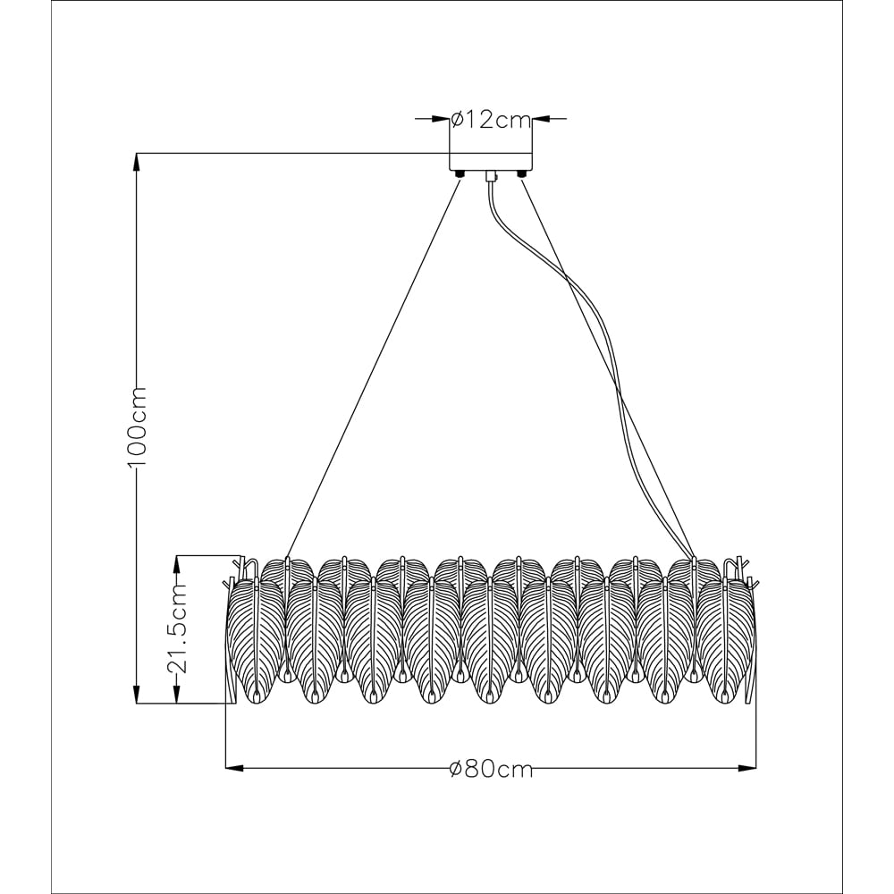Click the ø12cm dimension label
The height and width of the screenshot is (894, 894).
[491, 120]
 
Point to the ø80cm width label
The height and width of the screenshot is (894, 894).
[491, 770]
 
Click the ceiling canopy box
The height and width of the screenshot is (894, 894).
[491, 161]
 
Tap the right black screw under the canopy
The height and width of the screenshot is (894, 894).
[520, 174]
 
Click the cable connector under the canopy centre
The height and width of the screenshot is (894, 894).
[490, 176]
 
